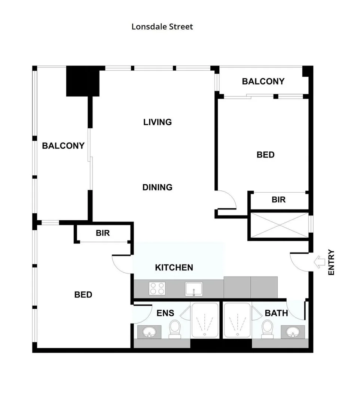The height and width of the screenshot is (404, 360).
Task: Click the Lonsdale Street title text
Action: [162, 27]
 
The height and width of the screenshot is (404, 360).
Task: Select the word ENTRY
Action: [332, 263]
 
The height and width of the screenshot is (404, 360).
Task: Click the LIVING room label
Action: [158, 122]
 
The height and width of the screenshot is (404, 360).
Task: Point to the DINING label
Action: [158, 187]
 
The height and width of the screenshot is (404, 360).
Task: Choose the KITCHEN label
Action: [174, 267]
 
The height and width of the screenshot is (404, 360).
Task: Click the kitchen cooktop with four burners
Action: [158, 289]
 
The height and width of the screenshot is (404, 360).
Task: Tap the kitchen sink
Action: [193, 289]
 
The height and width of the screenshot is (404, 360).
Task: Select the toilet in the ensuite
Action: [175, 328]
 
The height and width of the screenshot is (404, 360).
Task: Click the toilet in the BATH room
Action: [267, 328]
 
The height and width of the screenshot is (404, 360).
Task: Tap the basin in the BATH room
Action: [293, 331]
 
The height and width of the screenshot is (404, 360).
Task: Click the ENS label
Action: [165, 313]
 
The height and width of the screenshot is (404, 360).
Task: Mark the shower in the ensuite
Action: [205, 320]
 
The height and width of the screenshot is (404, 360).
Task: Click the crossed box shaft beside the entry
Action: [279, 226]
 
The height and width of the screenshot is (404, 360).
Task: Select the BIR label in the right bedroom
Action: [278, 200]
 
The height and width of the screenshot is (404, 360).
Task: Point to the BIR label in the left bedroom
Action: [103, 233]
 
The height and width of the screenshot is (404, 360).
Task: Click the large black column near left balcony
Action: [83, 81]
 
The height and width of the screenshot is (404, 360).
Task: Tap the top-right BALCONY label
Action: [263, 81]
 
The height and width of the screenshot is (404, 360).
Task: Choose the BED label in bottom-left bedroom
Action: [83, 295]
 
